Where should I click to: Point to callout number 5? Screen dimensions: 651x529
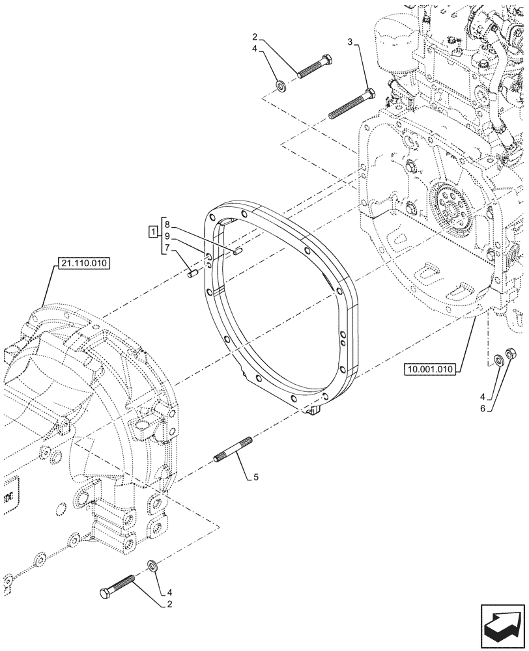[x=256, y=477]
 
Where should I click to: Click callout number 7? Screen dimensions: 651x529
[x=168, y=248]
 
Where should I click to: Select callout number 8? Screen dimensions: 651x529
[x=168, y=225]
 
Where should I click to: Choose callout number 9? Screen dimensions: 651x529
[x=168, y=236]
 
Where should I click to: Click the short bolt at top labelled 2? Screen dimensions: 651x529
[x=315, y=67]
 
